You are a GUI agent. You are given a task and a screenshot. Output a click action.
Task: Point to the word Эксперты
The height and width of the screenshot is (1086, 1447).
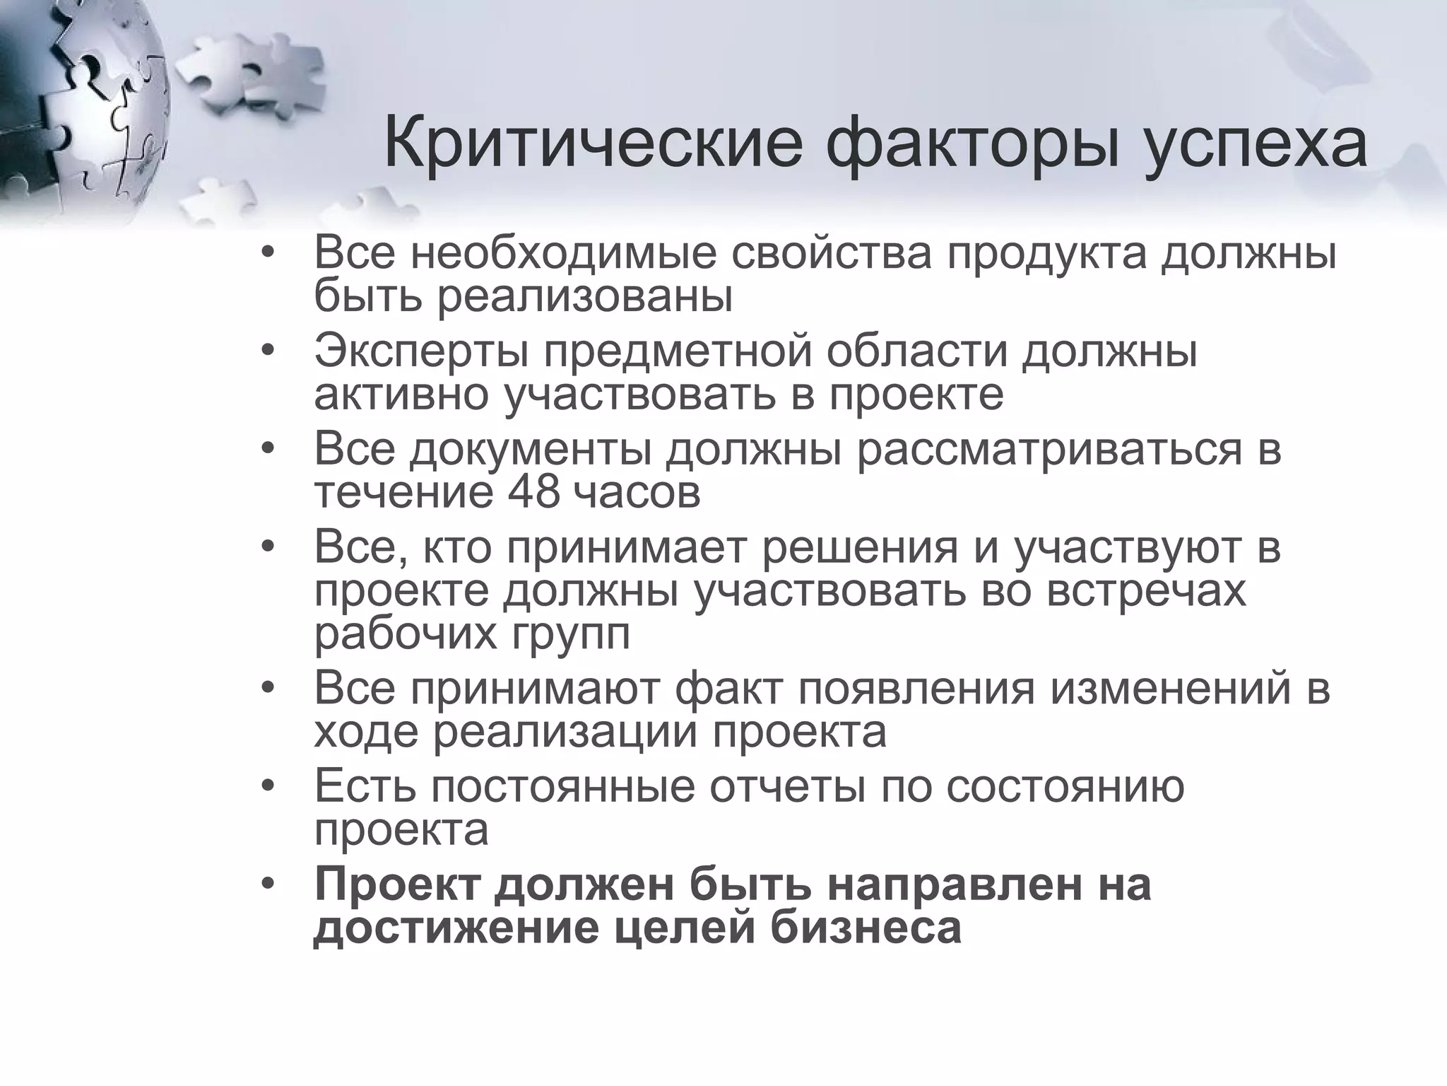point(421,351)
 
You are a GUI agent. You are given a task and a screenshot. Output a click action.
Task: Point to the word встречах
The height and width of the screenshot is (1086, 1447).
point(1146,591)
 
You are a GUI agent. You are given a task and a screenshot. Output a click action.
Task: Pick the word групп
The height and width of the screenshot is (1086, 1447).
point(566,635)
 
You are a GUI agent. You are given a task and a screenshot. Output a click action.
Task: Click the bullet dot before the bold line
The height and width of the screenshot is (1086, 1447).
point(266,884)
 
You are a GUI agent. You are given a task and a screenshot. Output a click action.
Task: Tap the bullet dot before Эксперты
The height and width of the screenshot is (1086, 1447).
point(266,352)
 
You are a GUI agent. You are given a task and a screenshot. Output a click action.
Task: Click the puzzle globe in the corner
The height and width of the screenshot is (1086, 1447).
point(78,106)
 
